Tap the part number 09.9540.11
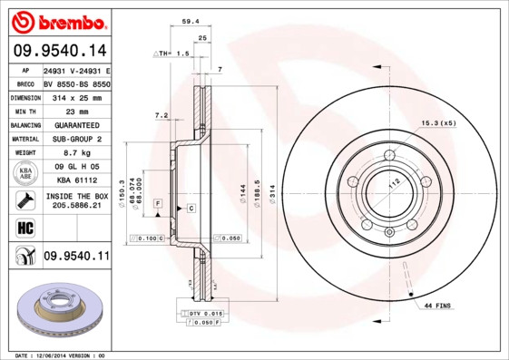click(76, 257)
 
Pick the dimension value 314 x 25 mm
click(76, 95)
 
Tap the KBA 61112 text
click(76, 181)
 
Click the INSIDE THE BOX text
click(76, 196)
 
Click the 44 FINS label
click(438, 307)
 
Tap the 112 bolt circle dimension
click(395, 182)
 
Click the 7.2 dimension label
click(162, 115)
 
